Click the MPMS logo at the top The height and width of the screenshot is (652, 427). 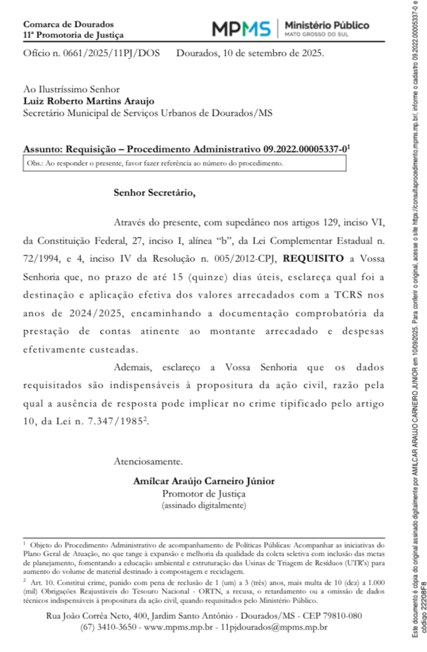tap(241, 28)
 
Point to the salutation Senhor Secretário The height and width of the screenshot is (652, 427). tap(155, 193)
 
